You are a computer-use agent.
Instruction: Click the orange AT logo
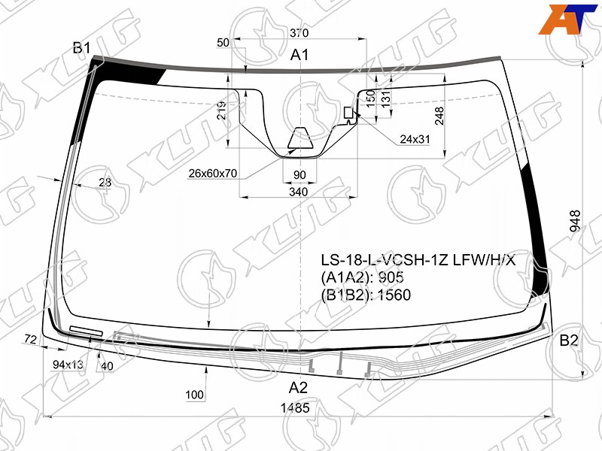tap(567, 20)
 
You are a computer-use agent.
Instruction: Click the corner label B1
tap(82, 48)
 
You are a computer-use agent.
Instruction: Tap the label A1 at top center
tap(299, 55)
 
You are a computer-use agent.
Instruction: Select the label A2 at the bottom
tap(298, 388)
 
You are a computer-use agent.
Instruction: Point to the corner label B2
tap(569, 340)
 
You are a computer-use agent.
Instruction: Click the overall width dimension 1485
tap(295, 407)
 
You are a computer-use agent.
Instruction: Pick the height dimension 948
tap(575, 221)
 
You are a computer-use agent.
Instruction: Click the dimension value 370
tap(299, 33)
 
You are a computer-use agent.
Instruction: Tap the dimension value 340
tap(298, 192)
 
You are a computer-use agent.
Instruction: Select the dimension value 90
tap(299, 175)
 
